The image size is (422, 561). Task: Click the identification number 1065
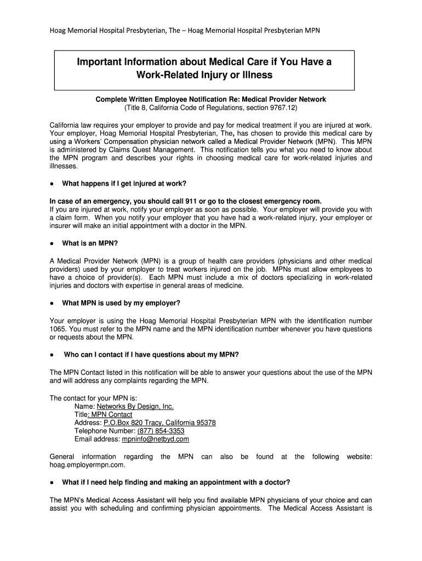click(58, 329)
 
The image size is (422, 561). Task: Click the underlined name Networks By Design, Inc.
click(135, 406)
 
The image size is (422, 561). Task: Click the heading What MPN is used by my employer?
click(121, 303)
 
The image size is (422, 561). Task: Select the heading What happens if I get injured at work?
click(128, 183)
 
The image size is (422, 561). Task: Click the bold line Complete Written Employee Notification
click(210, 99)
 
